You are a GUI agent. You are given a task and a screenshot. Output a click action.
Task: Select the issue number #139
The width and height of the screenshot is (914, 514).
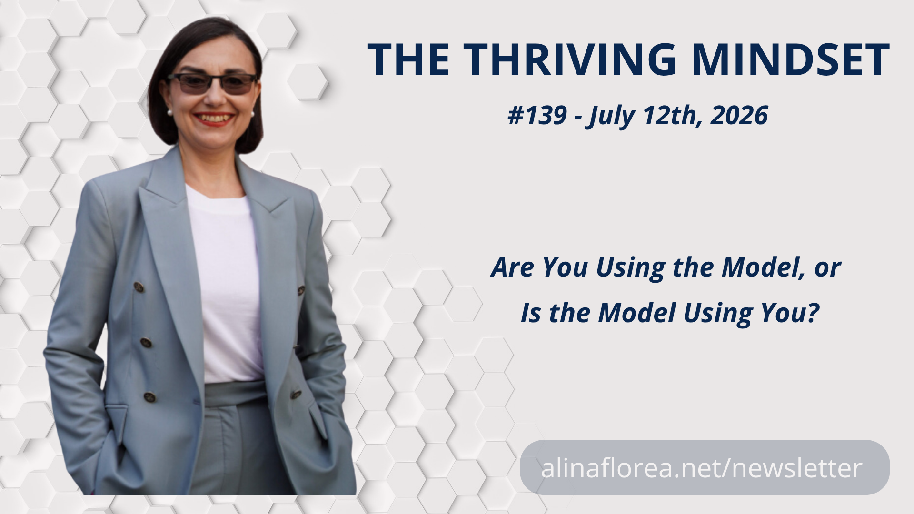point(537,116)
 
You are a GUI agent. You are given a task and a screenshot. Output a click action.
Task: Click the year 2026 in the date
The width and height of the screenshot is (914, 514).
point(739,116)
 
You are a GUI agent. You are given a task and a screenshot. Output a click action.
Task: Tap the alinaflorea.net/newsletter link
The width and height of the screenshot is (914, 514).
point(701,468)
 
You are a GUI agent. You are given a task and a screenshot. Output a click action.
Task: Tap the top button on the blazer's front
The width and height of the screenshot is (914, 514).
point(139,287)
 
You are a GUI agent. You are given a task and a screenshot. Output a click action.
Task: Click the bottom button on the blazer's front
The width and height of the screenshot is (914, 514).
point(150,396)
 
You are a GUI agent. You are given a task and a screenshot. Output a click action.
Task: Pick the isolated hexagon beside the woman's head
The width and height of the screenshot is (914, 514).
point(308,81)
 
